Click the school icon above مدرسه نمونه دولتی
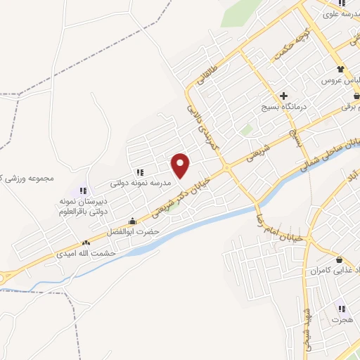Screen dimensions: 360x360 (140, 172)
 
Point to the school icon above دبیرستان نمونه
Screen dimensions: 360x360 (82, 190)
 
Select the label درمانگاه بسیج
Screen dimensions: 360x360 (283, 107)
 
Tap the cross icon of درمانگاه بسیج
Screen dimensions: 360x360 (283, 96)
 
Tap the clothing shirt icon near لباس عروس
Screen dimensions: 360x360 (341, 69)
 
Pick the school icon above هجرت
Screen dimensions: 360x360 (342, 309)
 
